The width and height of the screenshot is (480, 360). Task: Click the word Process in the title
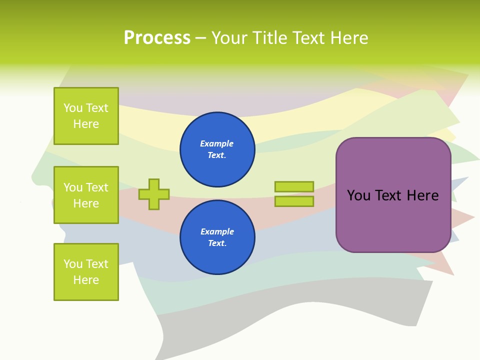click(157, 38)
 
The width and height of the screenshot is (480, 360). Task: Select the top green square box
click(86, 116)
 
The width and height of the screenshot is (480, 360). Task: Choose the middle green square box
click(86, 195)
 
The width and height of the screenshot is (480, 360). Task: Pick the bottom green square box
click(86, 272)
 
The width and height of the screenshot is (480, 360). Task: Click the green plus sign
click(154, 194)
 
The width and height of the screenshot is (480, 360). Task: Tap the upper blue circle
click(217, 149)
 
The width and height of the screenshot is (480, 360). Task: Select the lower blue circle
click(217, 237)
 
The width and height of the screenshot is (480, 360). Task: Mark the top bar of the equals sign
click(294, 186)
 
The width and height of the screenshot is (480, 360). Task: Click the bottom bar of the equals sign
click(294, 201)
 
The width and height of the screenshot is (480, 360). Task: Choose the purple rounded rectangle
click(393, 220)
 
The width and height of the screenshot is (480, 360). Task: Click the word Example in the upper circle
click(217, 143)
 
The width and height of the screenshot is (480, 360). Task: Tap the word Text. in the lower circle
click(217, 243)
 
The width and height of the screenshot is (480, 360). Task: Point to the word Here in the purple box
click(423, 195)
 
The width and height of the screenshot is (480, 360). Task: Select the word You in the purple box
click(358, 195)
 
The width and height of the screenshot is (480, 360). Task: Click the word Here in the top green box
click(86, 124)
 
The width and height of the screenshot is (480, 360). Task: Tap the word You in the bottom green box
click(73, 264)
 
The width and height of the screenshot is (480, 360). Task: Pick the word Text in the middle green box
click(97, 187)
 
